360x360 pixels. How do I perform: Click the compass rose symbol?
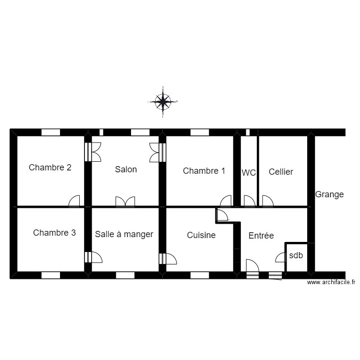163,101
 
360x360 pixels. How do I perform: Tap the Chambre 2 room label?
50,168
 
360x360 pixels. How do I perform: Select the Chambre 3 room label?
54,233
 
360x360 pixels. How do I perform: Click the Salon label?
126,169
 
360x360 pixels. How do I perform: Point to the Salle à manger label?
124,234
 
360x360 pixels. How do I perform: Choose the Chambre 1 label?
204,170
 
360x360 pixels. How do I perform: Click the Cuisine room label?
201,235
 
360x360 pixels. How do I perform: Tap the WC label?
249,173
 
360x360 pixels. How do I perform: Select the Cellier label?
281,172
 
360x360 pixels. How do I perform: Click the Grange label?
329,194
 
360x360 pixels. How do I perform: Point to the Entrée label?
261,236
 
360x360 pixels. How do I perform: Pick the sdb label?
296,256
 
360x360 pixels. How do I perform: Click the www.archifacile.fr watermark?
331,283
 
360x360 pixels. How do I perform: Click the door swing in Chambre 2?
74,202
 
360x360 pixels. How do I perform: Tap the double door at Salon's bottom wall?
125,202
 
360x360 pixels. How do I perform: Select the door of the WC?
250,201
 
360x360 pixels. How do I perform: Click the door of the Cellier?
267,201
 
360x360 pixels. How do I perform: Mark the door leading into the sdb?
280,258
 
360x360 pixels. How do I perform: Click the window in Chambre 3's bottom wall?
50,276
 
